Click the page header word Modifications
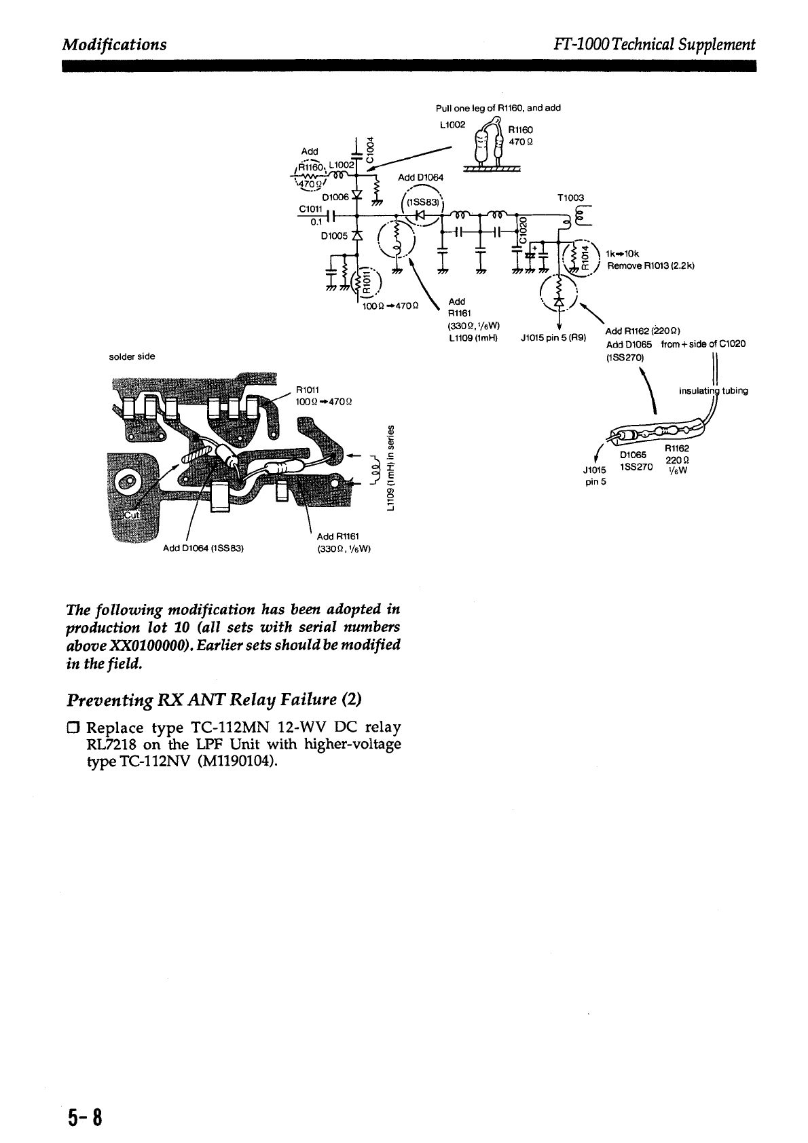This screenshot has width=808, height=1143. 114,45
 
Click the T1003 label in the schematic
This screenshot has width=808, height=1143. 570,198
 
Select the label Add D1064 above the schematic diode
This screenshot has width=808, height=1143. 421,178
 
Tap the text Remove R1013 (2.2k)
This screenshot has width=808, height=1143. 650,266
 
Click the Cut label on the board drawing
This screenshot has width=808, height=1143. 129,514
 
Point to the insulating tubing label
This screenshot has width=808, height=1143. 714,391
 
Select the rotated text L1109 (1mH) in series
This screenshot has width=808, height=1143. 390,466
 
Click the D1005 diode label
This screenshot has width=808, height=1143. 333,236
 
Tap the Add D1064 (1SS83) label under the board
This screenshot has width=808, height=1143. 203,548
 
